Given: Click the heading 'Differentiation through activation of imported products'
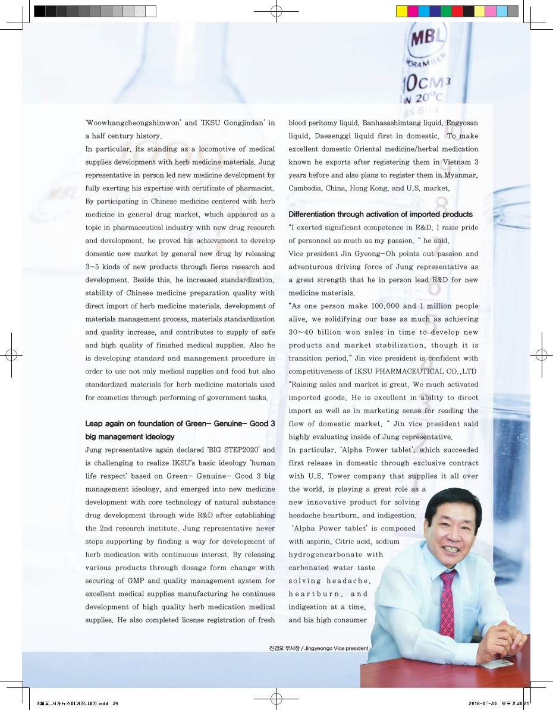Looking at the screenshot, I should pos(381,214).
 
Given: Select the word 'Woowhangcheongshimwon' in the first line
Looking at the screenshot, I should pos(131,123).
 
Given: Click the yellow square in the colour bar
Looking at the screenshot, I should pos(401,11).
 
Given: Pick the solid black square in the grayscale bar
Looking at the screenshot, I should pos(39,11).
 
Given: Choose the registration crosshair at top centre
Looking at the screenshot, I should pos(276,11).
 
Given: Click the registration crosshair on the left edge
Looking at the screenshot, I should pos(11,355).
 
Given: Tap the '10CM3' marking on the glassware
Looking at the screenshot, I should pos(428,81).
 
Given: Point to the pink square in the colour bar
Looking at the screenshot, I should pos(491,11).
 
